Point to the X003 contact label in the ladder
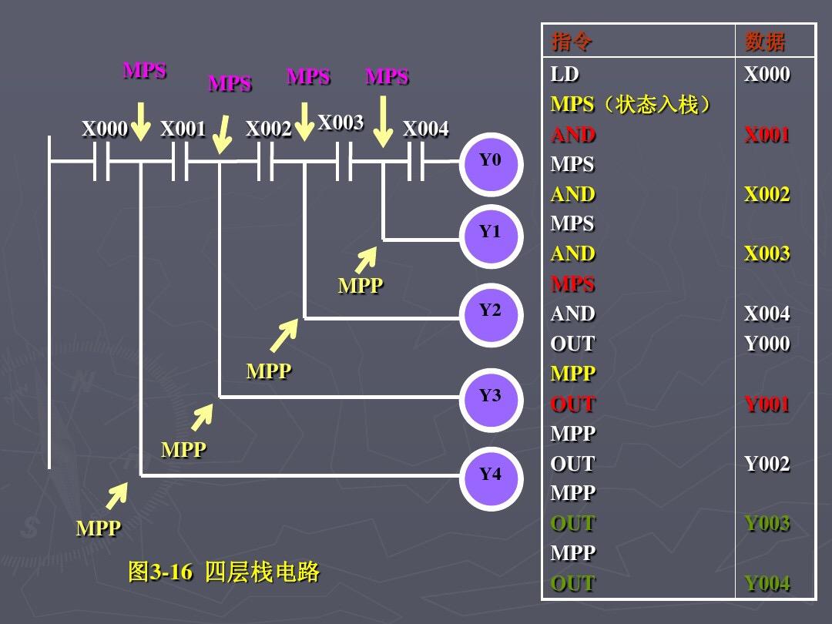340,123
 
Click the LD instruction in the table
565,75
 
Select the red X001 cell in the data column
767,135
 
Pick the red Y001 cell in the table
767,404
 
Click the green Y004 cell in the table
767,583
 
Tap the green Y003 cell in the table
767,523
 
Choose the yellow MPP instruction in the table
573,374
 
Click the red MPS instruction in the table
573,283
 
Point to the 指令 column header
572,42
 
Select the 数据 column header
765,42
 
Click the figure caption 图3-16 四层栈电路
223,572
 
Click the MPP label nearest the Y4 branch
99,528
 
